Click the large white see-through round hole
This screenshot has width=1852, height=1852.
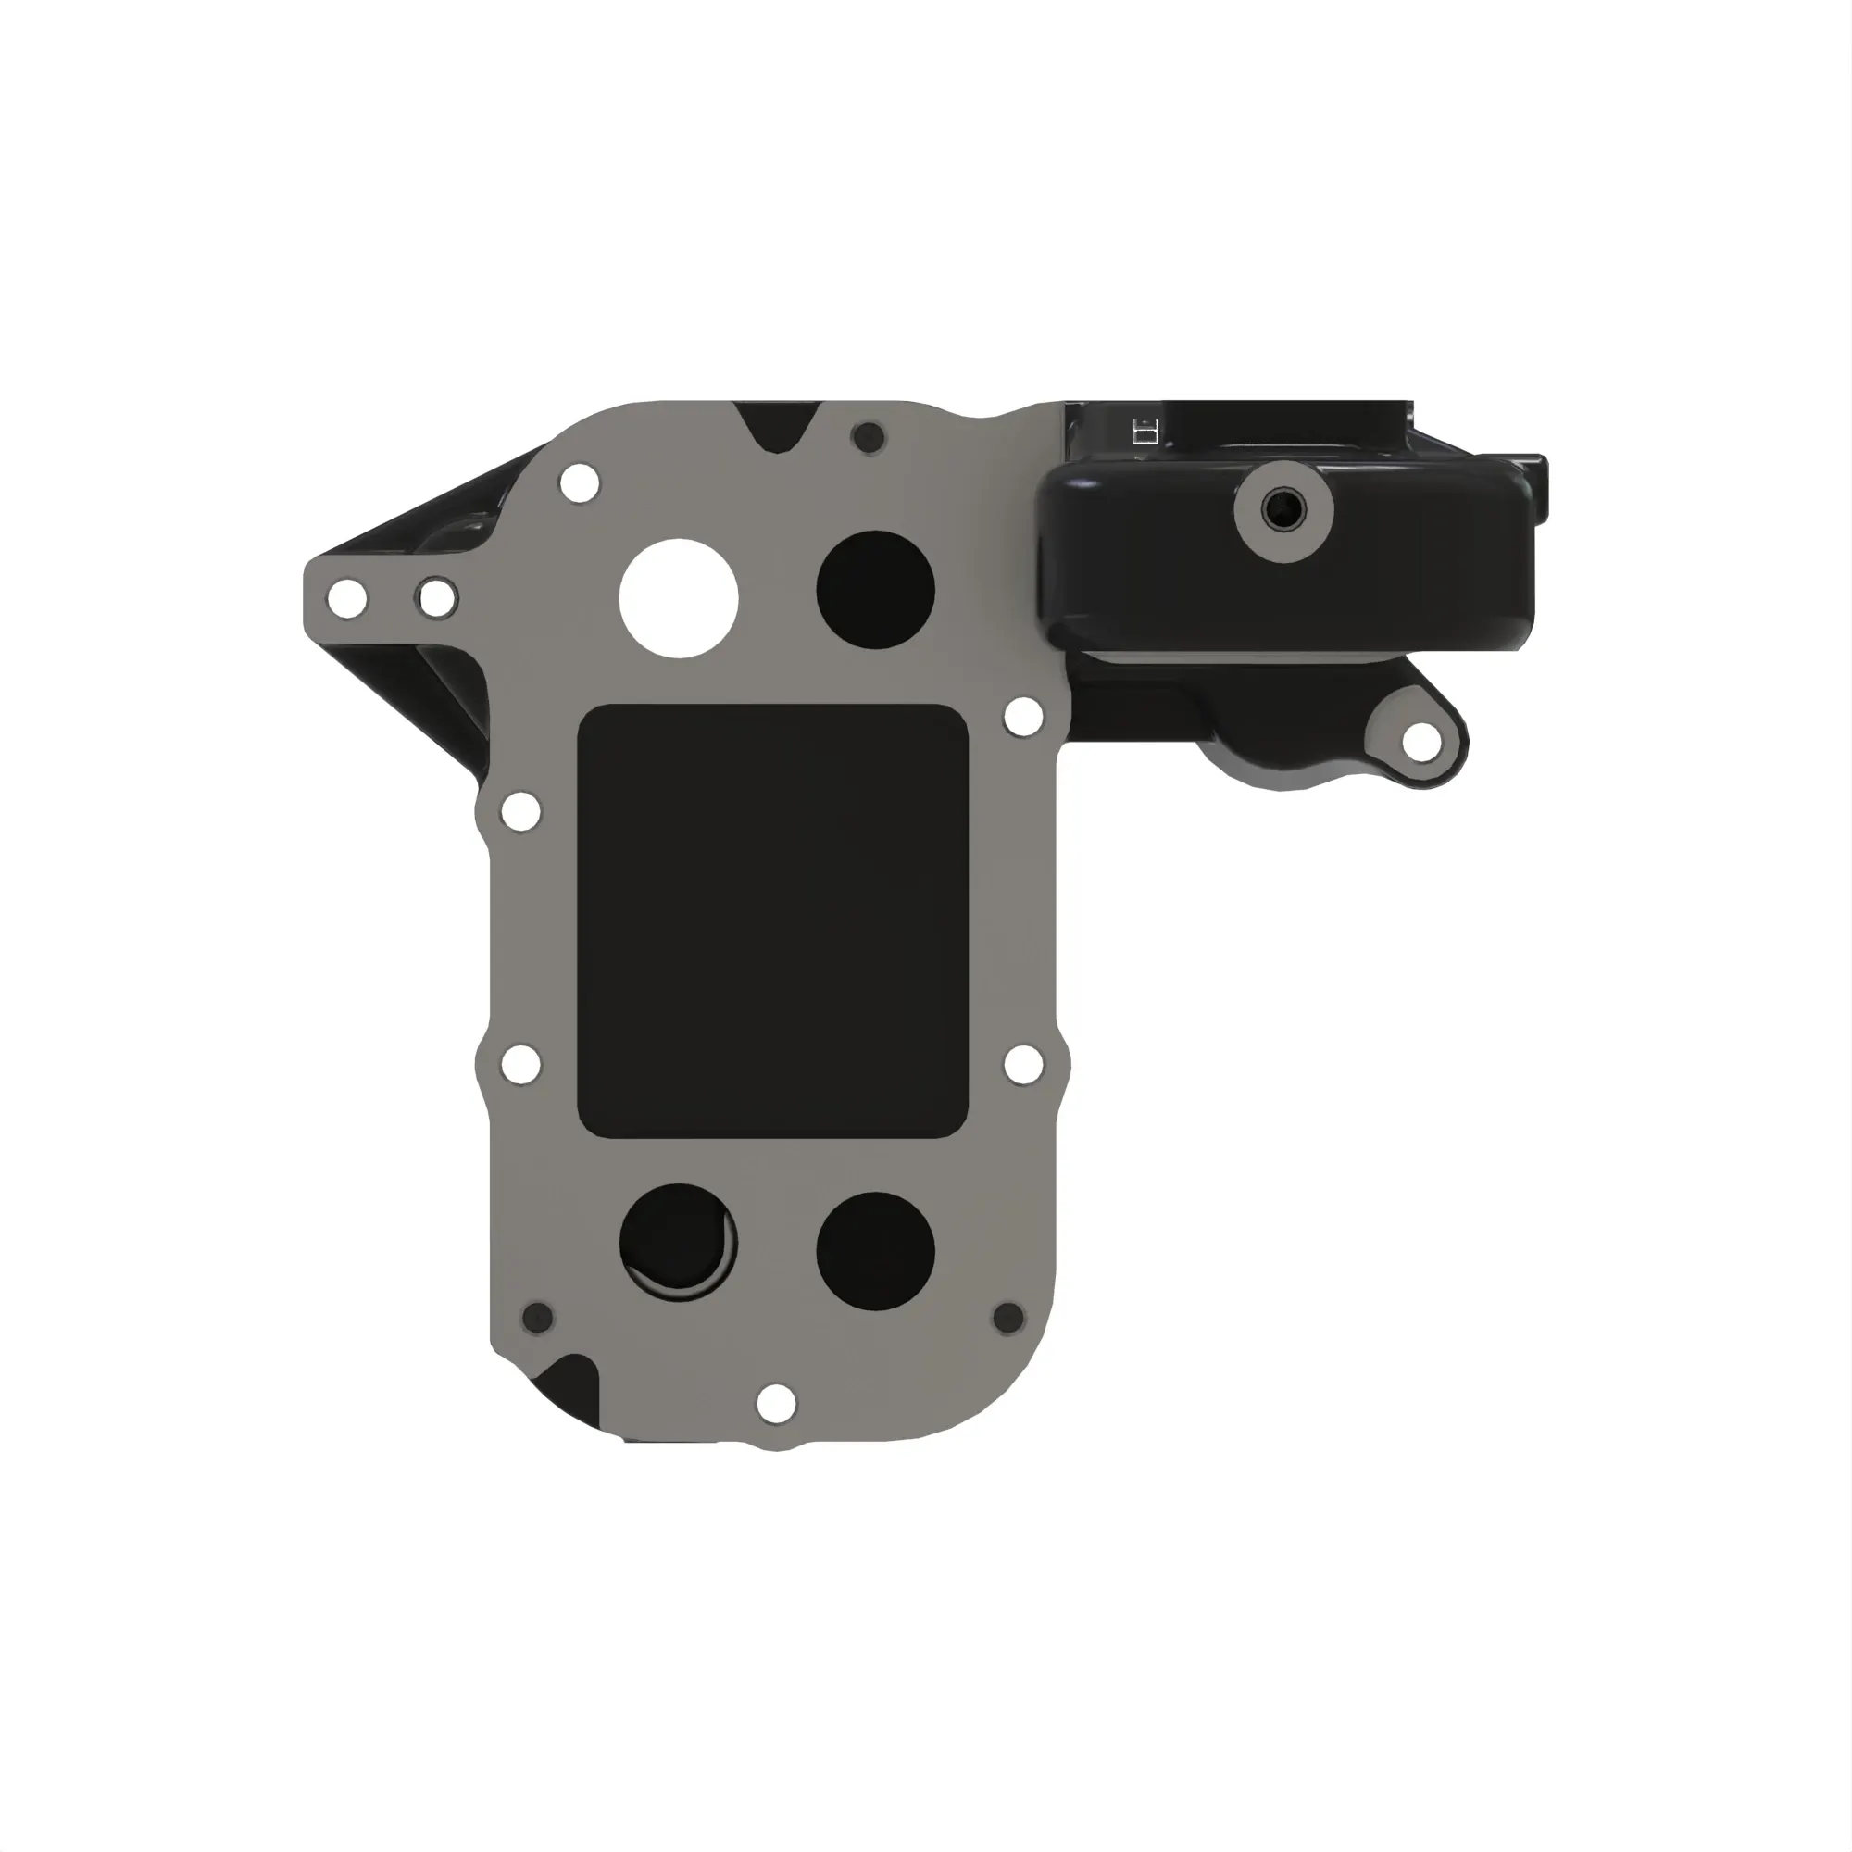click(679, 598)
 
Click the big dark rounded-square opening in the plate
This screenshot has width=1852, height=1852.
click(772, 921)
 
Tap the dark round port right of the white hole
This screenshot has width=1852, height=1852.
click(874, 589)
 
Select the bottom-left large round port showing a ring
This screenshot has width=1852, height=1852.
click(679, 1242)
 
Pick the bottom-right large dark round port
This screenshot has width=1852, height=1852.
click(874, 1251)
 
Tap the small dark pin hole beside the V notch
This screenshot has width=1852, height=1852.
click(870, 437)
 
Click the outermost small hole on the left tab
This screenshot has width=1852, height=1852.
click(346, 599)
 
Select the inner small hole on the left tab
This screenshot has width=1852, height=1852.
click(436, 599)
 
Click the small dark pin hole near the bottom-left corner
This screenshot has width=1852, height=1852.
click(538, 1317)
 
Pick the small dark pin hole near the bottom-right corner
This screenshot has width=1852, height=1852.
click(1008, 1317)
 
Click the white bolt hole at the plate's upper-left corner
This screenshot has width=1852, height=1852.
click(579, 482)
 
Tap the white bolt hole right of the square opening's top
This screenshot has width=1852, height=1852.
click(1023, 714)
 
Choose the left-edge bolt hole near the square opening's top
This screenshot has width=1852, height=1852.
click(520, 812)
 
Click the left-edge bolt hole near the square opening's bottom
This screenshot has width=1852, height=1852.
click(520, 1063)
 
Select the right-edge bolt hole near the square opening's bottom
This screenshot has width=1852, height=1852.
click(1023, 1064)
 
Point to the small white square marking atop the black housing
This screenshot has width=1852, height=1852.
click(1145, 432)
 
